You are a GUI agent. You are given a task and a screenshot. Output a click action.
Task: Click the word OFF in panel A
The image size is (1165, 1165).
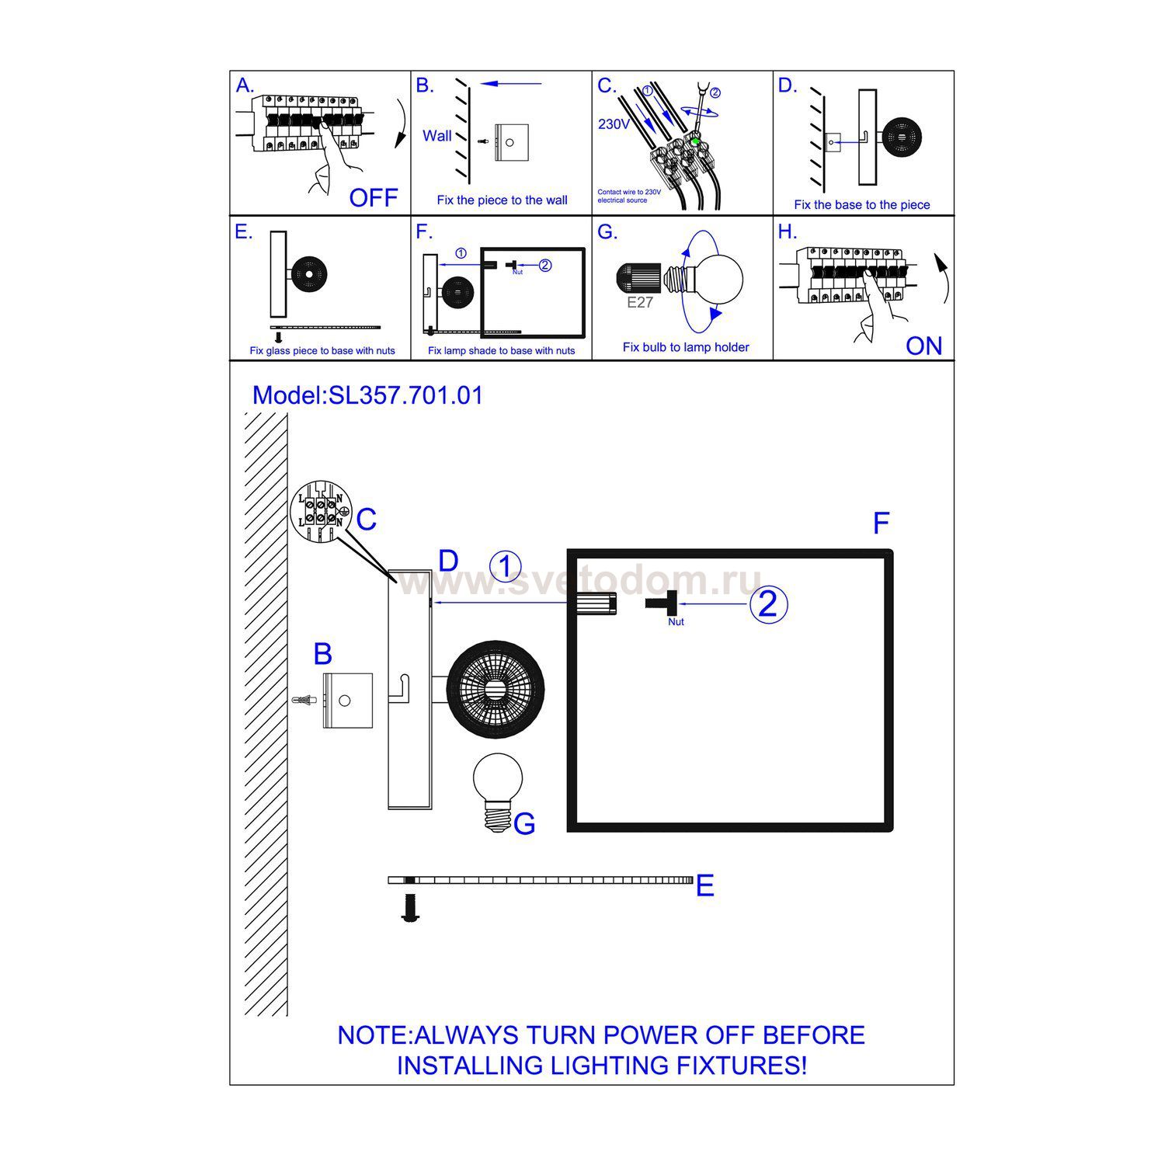pos(373,198)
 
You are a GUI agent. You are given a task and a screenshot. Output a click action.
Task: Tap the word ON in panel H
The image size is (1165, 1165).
pos(923,346)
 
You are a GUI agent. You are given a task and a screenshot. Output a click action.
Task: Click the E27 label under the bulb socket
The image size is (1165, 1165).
pos(640,303)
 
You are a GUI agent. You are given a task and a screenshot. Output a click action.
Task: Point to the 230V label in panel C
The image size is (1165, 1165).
pos(614,124)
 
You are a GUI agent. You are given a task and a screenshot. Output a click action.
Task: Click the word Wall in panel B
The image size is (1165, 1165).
pos(436,136)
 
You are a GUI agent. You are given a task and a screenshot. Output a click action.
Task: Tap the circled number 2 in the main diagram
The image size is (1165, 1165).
pos(767,604)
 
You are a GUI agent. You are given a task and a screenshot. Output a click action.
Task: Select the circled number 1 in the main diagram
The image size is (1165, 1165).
pos(506,567)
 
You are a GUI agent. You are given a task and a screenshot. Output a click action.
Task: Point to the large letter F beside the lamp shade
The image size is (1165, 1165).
pos(881,523)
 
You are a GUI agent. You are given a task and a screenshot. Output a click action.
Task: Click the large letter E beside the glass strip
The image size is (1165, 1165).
pos(704,885)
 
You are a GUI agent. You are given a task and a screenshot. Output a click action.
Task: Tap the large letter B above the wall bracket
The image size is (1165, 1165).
pos(323,654)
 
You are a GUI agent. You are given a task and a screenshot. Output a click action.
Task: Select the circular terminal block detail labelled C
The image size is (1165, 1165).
pos(320,514)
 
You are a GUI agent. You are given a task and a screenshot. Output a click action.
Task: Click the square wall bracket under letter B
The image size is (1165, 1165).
pos(347,700)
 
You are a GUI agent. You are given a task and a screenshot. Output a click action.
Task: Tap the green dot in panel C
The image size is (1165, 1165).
pos(695,142)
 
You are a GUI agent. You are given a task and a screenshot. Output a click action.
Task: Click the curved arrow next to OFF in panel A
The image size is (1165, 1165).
pos(400,124)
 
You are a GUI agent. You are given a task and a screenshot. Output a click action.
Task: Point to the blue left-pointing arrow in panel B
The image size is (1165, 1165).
pos(510,84)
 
